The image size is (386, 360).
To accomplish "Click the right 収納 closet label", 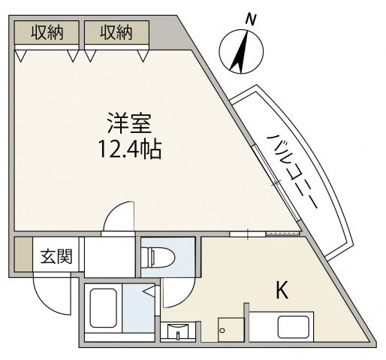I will coord(116,32).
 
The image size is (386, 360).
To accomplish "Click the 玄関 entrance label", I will coord(56,257).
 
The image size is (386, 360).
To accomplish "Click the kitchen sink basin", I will coord(294,328).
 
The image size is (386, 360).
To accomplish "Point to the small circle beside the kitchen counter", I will coord(222,328).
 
